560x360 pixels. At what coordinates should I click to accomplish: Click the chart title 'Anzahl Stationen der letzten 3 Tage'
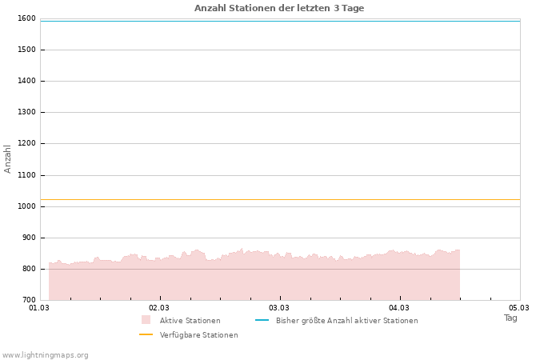[279, 8]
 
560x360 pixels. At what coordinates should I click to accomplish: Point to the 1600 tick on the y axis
[26, 18]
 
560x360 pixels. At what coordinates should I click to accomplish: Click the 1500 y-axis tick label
[26, 50]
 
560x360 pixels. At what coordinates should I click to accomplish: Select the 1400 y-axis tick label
[26, 81]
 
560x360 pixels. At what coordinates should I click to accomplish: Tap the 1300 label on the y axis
[26, 112]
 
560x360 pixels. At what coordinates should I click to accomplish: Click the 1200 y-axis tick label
[26, 143]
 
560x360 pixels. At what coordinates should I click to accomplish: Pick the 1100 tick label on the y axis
[26, 174]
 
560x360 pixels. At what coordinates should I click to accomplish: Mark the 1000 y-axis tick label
[26, 206]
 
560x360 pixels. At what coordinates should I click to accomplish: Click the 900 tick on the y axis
[28, 238]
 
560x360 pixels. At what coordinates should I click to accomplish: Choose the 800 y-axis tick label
[28, 269]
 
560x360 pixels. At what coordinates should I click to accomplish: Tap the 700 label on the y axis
[28, 300]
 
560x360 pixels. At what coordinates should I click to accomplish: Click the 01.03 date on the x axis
[39, 307]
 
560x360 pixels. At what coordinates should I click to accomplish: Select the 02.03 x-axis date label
[159, 307]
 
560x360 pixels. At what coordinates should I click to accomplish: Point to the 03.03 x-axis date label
[279, 307]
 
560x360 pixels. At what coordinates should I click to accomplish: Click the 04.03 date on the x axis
[399, 307]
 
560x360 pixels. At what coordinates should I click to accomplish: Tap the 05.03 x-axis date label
[519, 307]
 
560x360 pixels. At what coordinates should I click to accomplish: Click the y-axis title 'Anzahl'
[8, 158]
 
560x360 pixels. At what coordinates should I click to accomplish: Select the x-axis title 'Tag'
[510, 318]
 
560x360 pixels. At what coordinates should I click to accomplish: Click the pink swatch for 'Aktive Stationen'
[146, 320]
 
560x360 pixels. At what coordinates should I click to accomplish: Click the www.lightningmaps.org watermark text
[46, 354]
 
